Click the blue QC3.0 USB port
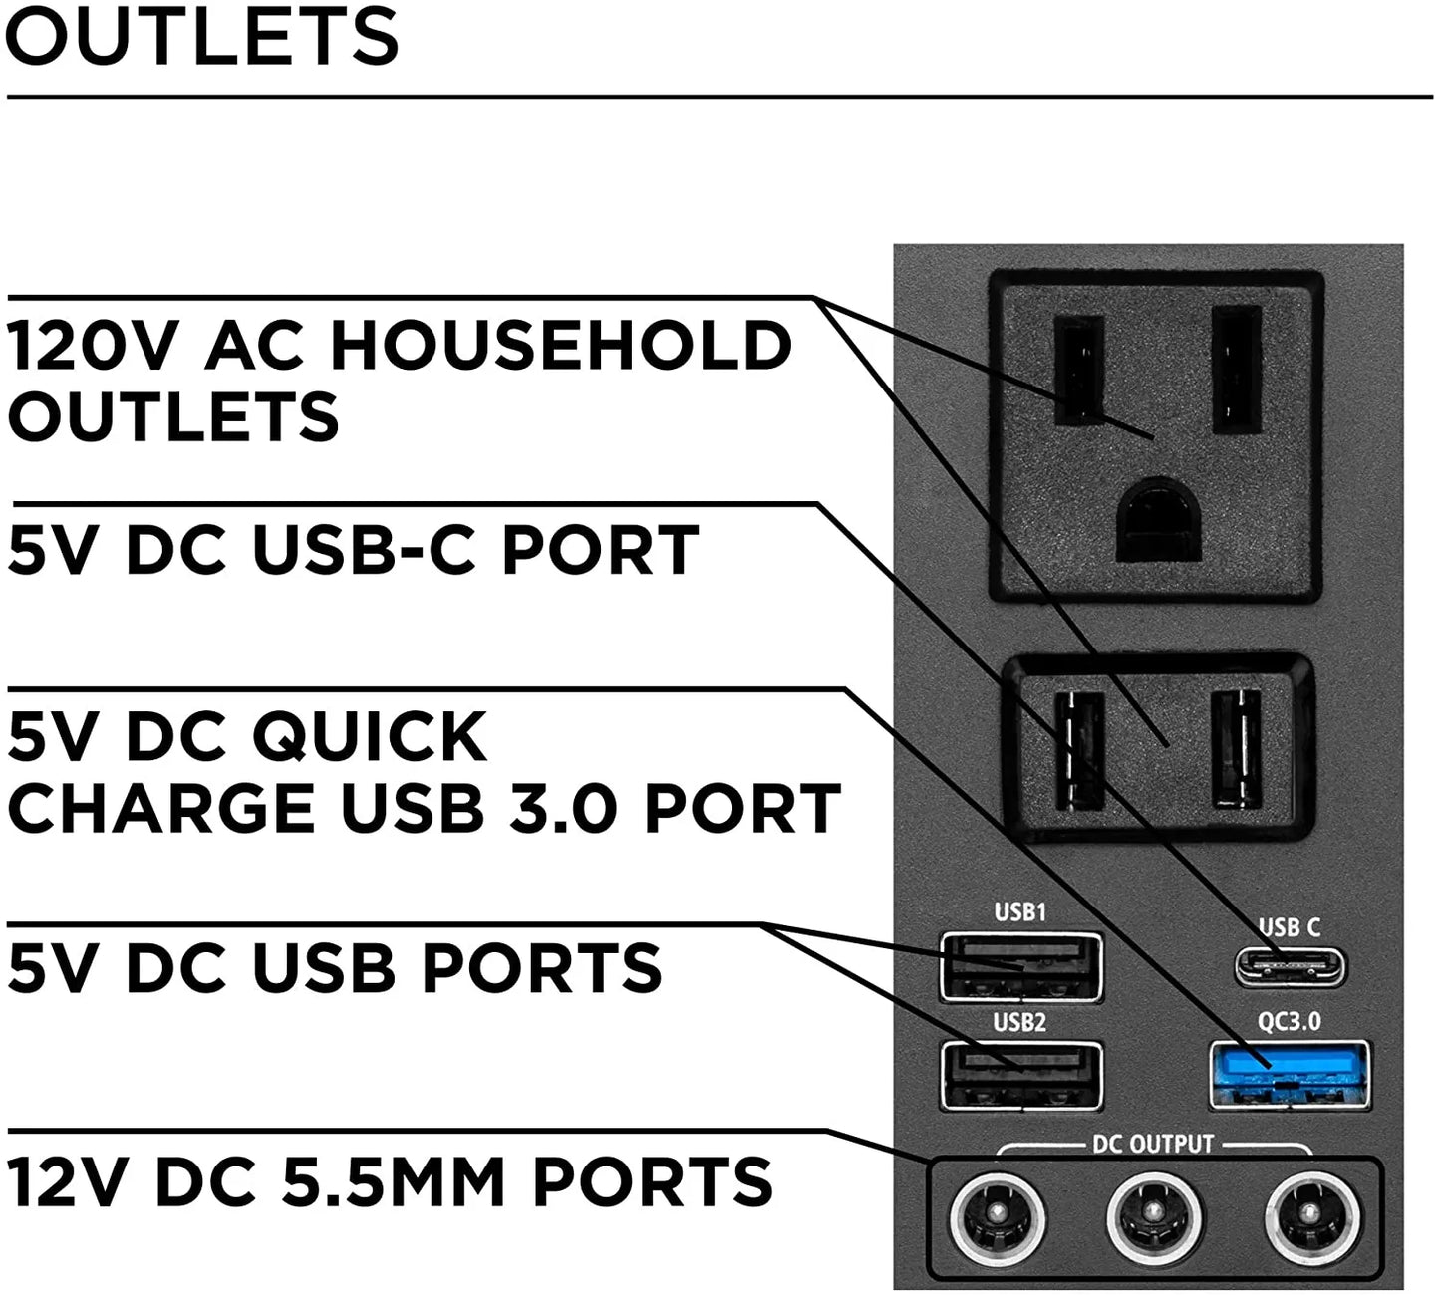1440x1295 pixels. click(x=1290, y=1075)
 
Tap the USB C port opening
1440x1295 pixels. click(x=1291, y=967)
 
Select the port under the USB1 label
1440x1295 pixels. click(x=1020, y=966)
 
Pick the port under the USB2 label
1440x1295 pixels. click(x=1020, y=1075)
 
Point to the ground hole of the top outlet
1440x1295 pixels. click(x=1159, y=520)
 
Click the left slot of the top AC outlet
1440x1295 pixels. click(x=1078, y=370)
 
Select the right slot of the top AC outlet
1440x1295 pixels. click(x=1238, y=370)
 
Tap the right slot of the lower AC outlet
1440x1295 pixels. click(x=1237, y=749)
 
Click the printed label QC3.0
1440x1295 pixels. click(x=1290, y=1021)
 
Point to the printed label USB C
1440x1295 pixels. click(x=1290, y=927)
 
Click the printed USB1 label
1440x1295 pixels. click(x=1020, y=911)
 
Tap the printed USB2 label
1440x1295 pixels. click(x=1020, y=1022)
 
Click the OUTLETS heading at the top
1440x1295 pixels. click(x=201, y=36)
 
